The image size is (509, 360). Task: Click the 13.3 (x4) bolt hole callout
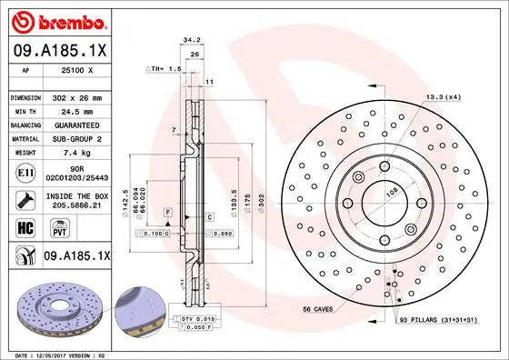pos(443,97)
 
